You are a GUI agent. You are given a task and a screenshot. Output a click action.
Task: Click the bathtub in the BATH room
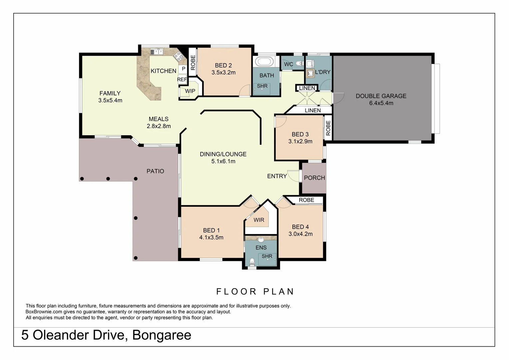264,61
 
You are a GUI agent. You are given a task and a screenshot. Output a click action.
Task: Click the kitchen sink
157,52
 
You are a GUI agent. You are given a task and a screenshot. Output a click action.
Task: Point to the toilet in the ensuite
252,262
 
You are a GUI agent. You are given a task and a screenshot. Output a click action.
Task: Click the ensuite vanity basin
261,240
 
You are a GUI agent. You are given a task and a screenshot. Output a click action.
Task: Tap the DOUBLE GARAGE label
381,96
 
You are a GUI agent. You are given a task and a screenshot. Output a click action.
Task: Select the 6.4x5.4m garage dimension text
381,103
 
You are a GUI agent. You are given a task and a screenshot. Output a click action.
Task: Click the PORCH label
314,178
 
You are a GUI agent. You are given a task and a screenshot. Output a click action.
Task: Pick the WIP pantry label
190,91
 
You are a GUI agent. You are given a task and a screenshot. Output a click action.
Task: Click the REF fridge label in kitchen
182,80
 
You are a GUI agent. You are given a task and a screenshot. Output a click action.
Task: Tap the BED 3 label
300,134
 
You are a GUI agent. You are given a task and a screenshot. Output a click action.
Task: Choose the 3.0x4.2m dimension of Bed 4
300,234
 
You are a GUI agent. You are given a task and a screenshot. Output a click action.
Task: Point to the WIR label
259,220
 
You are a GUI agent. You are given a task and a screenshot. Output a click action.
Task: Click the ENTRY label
277,176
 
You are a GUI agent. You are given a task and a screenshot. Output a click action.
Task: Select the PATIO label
155,171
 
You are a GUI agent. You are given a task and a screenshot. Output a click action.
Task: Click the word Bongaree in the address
162,335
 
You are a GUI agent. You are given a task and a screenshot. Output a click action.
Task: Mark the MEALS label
159,119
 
